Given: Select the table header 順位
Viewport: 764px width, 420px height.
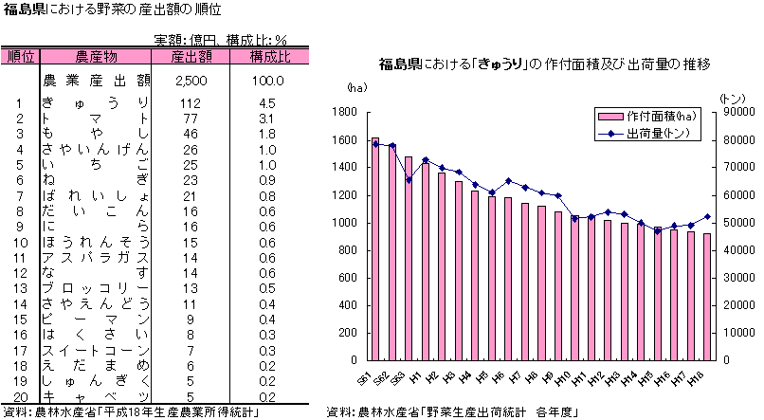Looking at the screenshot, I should pos(20,56).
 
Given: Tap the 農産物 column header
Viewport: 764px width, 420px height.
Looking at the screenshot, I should pos(96,56).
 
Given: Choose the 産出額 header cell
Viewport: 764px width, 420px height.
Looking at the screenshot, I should pos(191,56).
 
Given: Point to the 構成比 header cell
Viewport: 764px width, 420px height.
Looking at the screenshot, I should pos(269,56).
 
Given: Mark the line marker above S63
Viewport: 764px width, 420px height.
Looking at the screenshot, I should pos(409,180).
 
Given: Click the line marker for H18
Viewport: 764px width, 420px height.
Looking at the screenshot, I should pos(706,216).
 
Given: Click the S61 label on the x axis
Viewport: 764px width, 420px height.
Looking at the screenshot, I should pos(364,378).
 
